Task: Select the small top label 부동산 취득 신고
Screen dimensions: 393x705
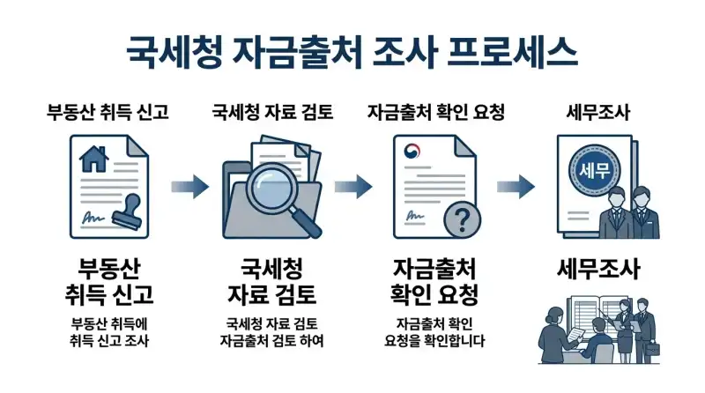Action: point(108,113)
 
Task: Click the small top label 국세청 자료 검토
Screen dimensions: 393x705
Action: point(272,113)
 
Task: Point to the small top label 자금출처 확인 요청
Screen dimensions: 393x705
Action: point(435,113)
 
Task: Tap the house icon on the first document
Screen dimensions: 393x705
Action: point(91,159)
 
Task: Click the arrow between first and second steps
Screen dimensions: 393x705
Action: point(189,186)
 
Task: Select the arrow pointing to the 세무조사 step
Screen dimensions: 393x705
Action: point(516,186)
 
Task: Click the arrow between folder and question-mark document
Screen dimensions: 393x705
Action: point(352,186)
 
